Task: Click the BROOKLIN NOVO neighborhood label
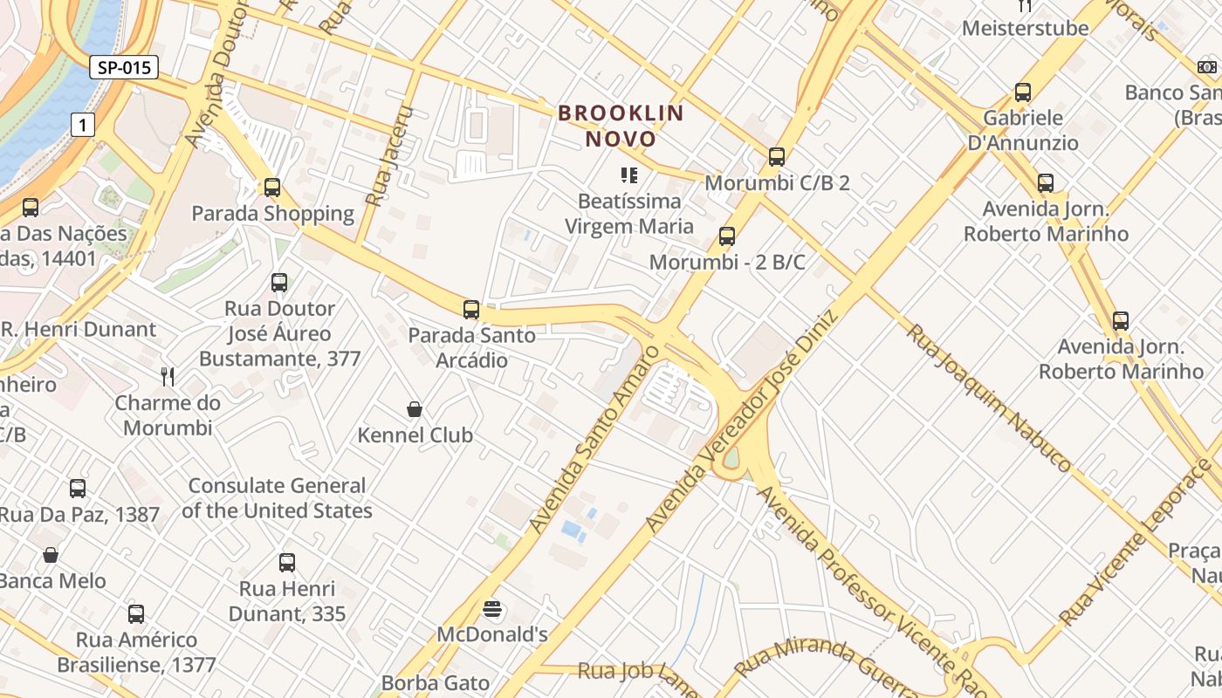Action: point(621,126)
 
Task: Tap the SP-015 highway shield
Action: point(123,67)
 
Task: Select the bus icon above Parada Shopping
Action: point(272,188)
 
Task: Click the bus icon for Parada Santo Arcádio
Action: point(471,309)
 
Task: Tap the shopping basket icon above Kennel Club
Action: point(415,409)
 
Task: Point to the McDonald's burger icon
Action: point(493,608)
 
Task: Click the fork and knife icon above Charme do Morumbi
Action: point(168,377)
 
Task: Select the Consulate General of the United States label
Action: point(277,498)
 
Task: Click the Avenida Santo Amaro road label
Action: point(593,439)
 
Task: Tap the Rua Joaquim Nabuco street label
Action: point(988,397)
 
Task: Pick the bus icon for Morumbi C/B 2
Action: point(776,157)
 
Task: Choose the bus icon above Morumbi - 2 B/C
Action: point(726,236)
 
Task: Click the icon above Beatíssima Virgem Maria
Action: point(628,175)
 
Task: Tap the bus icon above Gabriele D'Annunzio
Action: point(1022,92)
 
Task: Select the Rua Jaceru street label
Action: point(388,156)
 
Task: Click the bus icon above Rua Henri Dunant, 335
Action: point(287,563)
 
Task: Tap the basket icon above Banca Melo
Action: point(51,555)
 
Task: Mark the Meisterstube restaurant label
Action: point(1025,28)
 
